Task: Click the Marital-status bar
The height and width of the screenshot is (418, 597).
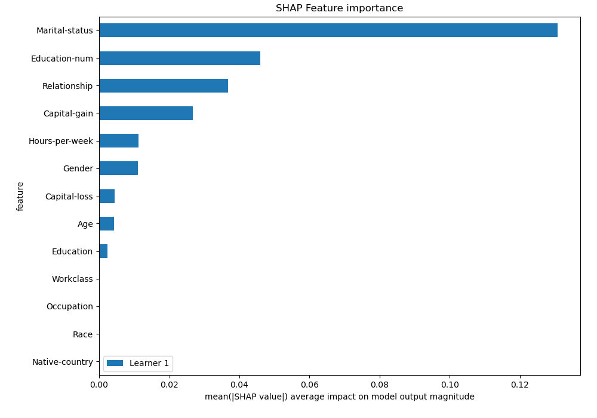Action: [x=328, y=30]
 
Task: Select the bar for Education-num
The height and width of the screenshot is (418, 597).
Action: [x=180, y=58]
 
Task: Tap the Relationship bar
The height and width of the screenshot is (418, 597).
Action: [x=164, y=86]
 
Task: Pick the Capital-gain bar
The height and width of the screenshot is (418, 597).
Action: [x=146, y=113]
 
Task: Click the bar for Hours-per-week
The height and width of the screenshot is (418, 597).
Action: [x=119, y=141]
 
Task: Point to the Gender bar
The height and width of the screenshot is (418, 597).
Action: [x=118, y=168]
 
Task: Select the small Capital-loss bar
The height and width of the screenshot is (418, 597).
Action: [x=107, y=196]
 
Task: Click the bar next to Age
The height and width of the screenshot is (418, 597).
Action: [x=106, y=224]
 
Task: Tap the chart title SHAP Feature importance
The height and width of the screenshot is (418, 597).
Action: [x=339, y=8]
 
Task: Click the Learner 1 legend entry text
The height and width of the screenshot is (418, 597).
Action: [x=149, y=363]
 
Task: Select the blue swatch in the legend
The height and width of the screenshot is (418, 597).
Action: [x=115, y=363]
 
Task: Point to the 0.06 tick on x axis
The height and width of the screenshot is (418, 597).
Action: [x=309, y=385]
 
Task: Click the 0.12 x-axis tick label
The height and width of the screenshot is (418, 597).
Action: [x=520, y=385]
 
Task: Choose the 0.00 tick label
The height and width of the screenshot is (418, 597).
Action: [x=99, y=385]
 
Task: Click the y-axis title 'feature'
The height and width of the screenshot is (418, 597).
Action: [x=20, y=196]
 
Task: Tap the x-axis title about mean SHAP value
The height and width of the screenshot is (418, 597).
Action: [x=339, y=397]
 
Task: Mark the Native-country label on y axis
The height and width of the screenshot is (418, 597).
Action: [x=63, y=362]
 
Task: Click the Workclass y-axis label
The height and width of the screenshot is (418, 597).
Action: [x=72, y=279]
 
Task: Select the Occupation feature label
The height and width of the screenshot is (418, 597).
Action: [x=69, y=306]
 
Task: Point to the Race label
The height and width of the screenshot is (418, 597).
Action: [x=82, y=334]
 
